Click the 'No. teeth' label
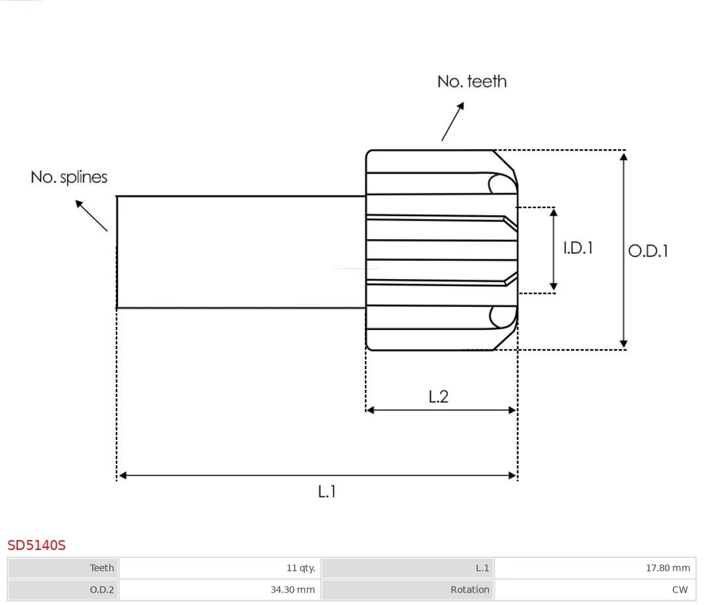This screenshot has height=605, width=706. tap(472, 82)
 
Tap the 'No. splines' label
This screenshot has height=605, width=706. tap(69, 178)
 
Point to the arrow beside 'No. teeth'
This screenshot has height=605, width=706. tap(452, 122)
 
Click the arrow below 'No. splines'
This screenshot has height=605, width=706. tap(91, 215)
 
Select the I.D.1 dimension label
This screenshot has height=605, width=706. tap(578, 248)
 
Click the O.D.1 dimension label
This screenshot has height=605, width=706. tap(648, 250)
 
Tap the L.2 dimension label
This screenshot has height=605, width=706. tap(438, 396)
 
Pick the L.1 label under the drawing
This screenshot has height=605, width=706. tap(327, 492)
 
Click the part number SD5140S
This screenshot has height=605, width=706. tap(36, 545)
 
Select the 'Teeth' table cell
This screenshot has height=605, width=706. tap(102, 568)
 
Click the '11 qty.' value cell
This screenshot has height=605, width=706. tap(301, 568)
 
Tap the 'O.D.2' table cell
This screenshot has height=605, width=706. tap(102, 589)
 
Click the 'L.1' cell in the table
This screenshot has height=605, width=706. tap(482, 568)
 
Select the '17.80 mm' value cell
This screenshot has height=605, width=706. tap(668, 568)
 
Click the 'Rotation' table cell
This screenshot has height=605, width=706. tap(470, 589)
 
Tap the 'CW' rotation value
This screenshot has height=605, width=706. tap(680, 589)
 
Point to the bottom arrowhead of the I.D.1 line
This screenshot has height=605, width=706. tap(554, 287)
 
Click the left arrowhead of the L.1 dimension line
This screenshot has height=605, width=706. tap(123, 475)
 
